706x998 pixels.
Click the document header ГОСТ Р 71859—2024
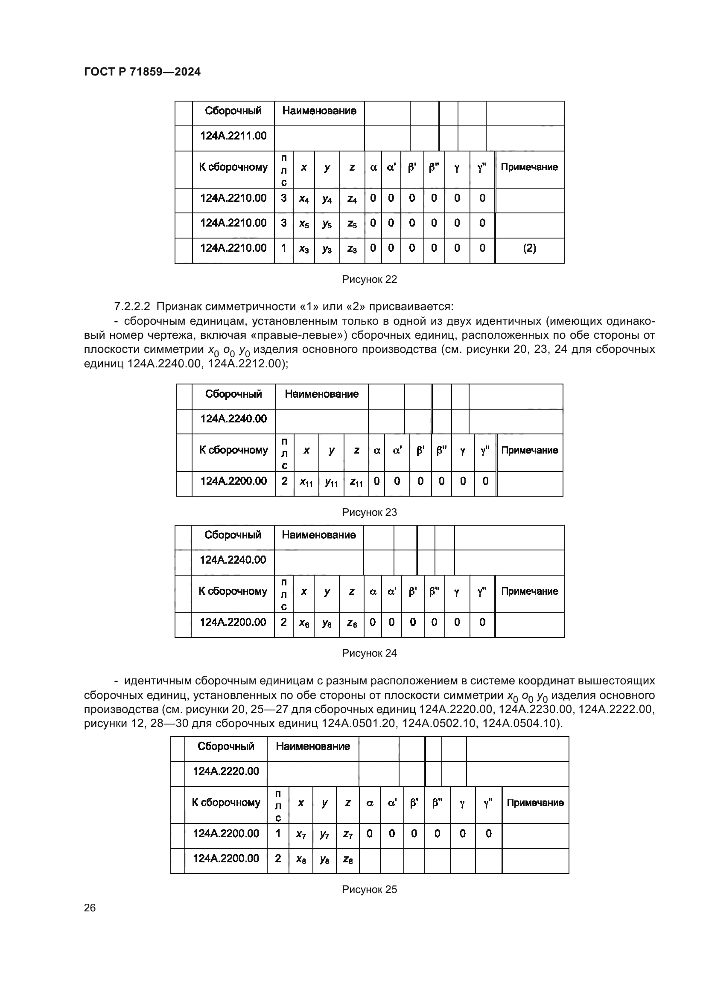(142, 72)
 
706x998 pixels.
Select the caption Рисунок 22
(369, 279)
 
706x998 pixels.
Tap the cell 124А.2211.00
(233, 136)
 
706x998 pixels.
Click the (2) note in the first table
(529, 248)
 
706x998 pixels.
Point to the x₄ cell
(303, 199)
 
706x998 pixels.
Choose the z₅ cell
(352, 224)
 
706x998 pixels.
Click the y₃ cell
(327, 249)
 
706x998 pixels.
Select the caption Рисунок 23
(369, 512)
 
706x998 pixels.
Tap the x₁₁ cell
(306, 482)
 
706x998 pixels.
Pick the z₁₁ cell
(356, 482)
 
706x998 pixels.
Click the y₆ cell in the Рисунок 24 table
(327, 623)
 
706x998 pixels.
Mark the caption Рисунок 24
(369, 653)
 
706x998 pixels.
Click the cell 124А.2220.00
(226, 771)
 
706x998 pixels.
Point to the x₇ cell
(300, 834)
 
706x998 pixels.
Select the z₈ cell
(347, 859)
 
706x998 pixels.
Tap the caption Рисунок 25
(369, 889)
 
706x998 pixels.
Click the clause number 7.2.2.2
(132, 307)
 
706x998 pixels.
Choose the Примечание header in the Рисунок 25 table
(535, 803)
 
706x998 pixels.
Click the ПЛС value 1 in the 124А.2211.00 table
(283, 248)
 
